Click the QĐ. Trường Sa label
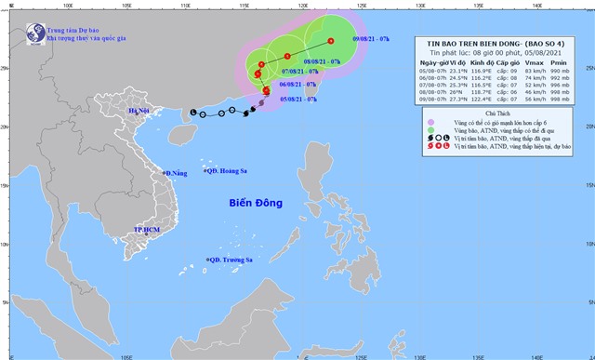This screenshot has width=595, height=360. click(231, 260)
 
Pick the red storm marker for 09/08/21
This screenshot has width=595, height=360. click(330, 40)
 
